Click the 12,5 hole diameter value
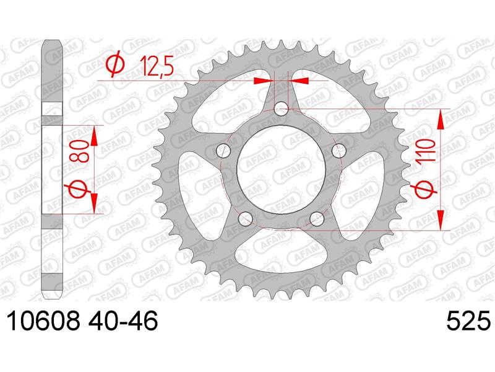click(156, 66)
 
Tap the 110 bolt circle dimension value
click(425, 151)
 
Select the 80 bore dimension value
click(79, 151)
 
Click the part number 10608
click(42, 321)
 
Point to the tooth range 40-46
click(123, 321)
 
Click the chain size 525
click(469, 321)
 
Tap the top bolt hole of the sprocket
click(281, 110)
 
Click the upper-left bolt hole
click(223, 151)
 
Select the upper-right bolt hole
click(338, 151)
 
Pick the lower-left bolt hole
click(245, 219)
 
